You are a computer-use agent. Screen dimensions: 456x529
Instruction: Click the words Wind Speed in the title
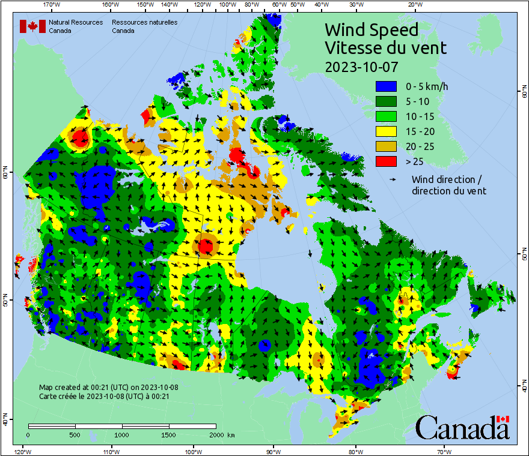(x=371, y=29)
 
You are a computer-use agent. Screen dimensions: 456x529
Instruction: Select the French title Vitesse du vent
(x=385, y=47)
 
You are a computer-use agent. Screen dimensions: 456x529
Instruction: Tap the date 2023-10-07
(x=361, y=67)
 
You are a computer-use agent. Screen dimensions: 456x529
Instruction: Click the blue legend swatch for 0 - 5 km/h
(x=385, y=86)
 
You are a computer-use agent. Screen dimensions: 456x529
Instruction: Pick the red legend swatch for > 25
(x=385, y=161)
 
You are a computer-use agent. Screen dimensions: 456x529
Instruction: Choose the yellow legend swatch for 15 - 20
(x=385, y=131)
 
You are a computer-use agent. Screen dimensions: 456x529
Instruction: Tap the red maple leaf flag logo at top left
(x=32, y=26)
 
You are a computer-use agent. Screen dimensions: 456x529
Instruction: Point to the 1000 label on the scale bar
(x=122, y=434)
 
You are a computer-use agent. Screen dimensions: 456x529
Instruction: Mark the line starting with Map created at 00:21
(x=108, y=387)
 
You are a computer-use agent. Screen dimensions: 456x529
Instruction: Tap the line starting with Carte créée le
(x=104, y=396)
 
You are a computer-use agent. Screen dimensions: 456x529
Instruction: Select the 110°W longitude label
(x=111, y=451)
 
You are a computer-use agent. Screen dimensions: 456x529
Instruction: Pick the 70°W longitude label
(x=444, y=451)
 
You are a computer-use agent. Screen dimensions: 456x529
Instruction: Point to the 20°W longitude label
(x=414, y=5)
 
